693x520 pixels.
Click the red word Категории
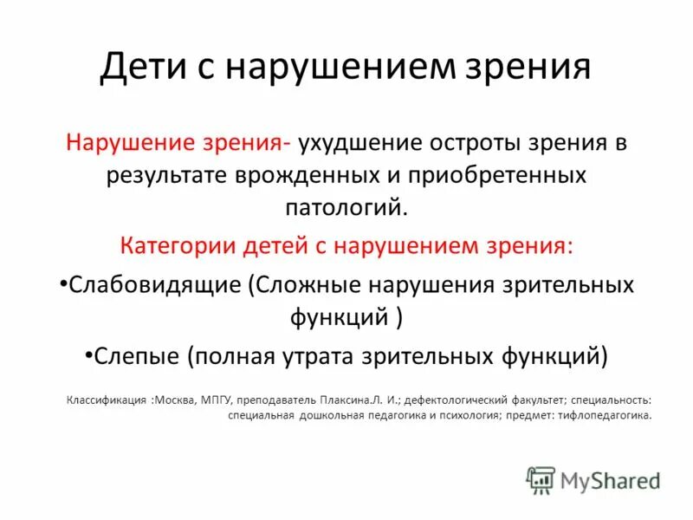coord(179,245)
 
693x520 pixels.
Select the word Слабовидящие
coord(152,285)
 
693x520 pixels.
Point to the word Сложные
coord(303,285)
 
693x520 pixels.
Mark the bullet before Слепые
coord(89,354)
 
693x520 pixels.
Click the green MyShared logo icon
coord(541,480)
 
